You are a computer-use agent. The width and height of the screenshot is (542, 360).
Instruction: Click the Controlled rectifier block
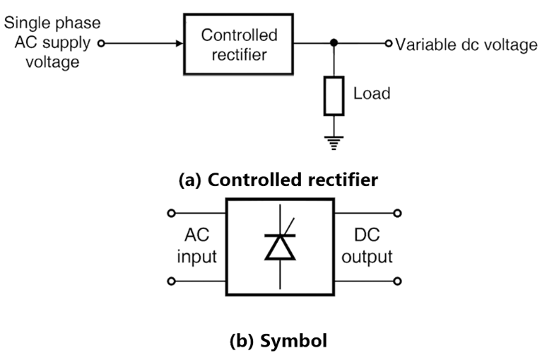pos(240,44)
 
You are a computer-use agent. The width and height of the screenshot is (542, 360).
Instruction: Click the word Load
pos(371,93)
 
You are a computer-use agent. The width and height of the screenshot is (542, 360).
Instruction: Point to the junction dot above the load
pos(333,44)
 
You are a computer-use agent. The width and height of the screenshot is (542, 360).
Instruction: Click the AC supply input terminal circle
pos(101,44)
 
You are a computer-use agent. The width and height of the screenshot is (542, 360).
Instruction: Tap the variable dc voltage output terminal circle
pos(387,44)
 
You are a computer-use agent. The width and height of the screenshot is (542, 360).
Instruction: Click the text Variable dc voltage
pos(466,45)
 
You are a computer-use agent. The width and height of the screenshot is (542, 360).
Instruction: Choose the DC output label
pos(366,245)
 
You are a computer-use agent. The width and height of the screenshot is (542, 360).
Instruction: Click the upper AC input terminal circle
pos(170,212)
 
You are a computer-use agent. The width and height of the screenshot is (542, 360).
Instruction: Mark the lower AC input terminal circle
pos(170,281)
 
